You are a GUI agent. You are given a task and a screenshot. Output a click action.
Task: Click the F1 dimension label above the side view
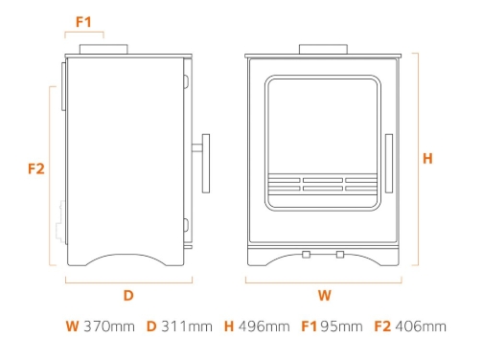(83, 20)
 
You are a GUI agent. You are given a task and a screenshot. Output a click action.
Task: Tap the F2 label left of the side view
(36, 169)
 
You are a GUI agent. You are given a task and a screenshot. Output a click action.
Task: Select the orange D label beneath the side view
(127, 295)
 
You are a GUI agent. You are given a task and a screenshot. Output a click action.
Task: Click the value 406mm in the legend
(421, 326)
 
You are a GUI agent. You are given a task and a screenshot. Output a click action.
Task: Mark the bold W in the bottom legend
(72, 326)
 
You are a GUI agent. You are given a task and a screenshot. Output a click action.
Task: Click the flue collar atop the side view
(103, 49)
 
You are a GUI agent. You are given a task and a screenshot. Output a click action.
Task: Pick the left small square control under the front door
(307, 254)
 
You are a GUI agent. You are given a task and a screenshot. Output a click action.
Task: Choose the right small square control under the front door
(340, 254)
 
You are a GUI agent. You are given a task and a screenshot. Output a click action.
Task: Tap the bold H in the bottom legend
(228, 326)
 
